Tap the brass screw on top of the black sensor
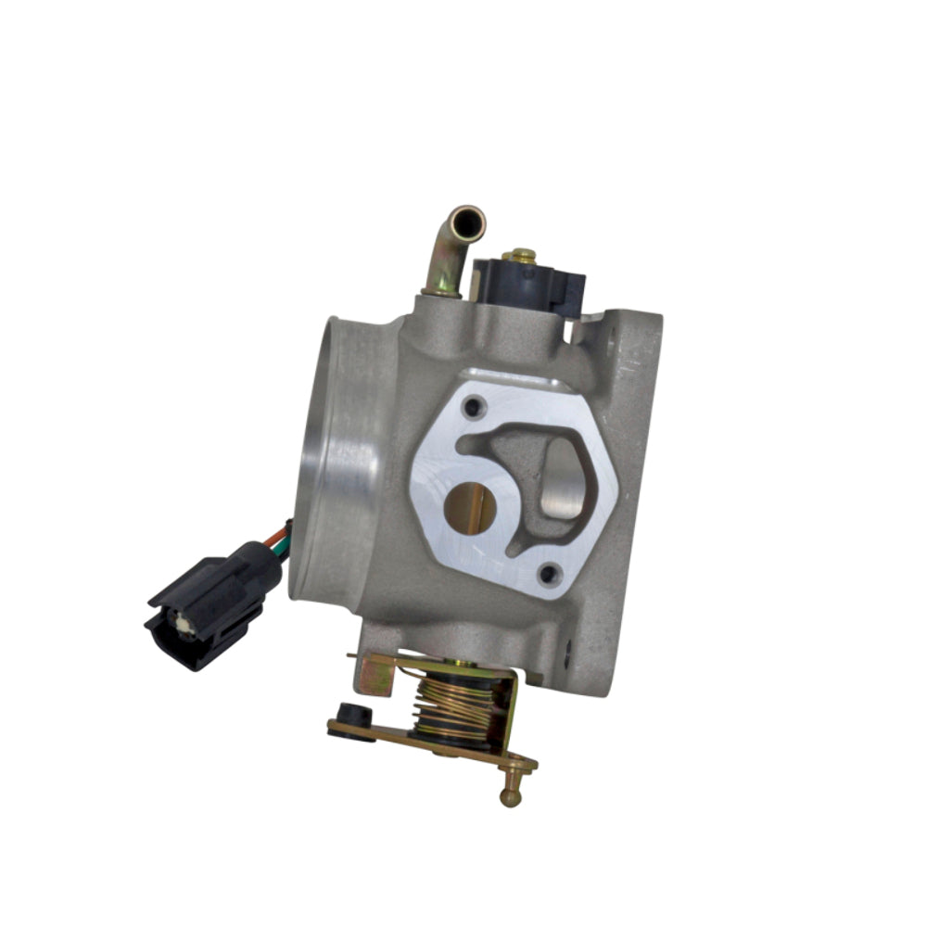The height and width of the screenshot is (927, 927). pyautogui.click(x=522, y=254)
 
